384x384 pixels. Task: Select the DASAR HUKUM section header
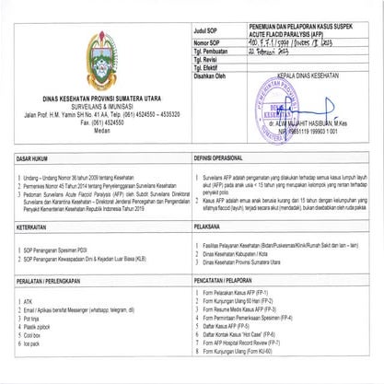[40, 157]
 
